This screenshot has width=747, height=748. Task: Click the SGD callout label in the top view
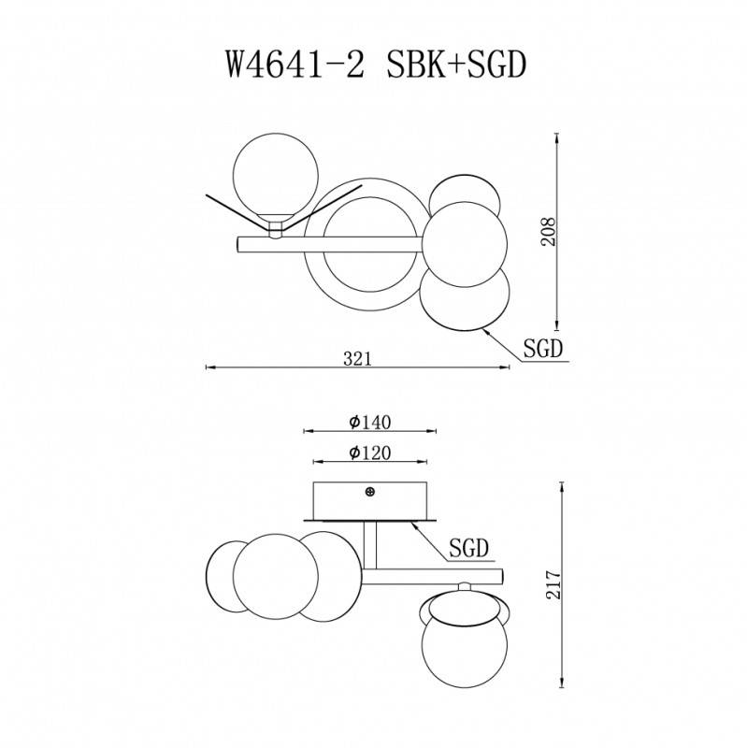541,350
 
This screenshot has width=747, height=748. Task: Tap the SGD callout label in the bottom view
469,547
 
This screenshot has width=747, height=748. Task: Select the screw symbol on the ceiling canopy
370,491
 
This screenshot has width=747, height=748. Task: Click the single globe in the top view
277,178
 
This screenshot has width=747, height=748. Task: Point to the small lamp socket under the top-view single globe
277,228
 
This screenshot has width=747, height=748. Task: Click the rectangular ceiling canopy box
370,500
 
